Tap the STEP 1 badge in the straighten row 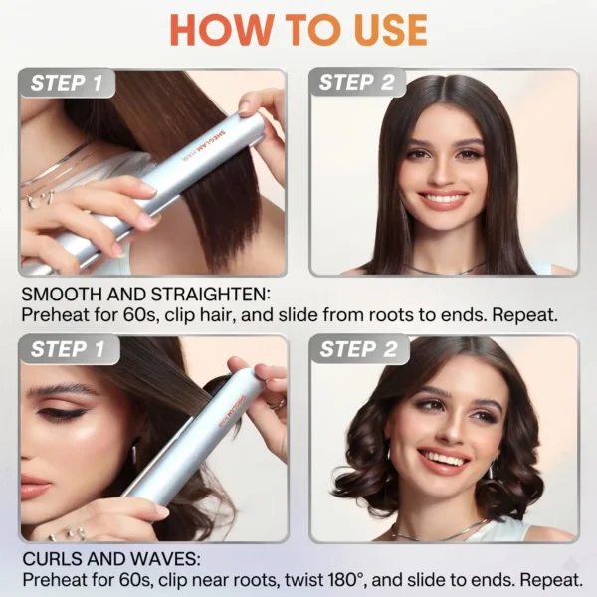(x=67, y=83)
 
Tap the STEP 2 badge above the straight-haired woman (x=357, y=82)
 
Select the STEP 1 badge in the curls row (x=69, y=349)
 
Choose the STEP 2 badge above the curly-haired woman (x=358, y=349)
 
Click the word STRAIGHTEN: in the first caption (x=211, y=295)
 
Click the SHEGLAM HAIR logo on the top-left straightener (x=204, y=147)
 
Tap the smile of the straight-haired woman (x=443, y=200)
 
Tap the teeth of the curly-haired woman (x=444, y=459)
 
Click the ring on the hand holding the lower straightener (x=277, y=403)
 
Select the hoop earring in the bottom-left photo (x=134, y=454)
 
